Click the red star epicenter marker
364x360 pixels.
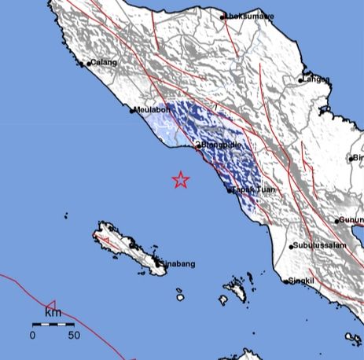pyautogui.click(x=181, y=181)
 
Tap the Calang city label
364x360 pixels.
pyautogui.click(x=102, y=62)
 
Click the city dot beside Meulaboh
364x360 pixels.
pyautogui.click(x=132, y=112)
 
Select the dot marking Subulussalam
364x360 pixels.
pyautogui.click(x=291, y=247)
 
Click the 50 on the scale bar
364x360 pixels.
pyautogui.click(x=74, y=336)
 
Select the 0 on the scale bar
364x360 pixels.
pyautogui.click(x=33, y=336)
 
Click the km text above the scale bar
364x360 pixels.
pyautogui.click(x=53, y=314)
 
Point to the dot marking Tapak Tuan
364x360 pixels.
pyautogui.click(x=229, y=189)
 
